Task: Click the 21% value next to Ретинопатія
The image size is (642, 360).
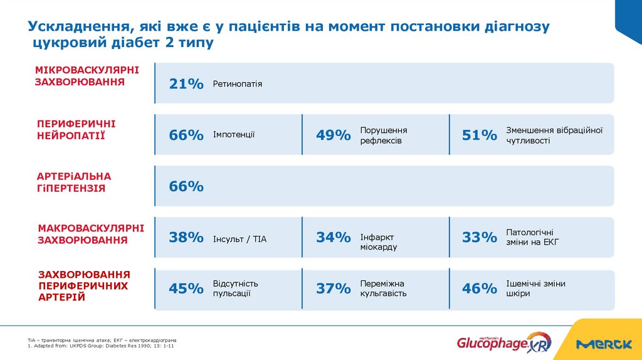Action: point(186,83)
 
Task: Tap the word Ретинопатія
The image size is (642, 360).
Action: point(238,83)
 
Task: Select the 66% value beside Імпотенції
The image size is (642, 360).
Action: point(186,135)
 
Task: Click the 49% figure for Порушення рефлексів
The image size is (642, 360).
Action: point(333,135)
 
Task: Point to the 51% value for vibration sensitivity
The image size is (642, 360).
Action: point(480,135)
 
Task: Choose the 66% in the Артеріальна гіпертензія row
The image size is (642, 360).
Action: point(186,186)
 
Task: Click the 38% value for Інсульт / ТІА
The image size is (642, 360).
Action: point(186,237)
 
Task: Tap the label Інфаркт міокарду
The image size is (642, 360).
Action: point(379,242)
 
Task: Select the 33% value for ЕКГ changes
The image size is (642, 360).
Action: point(480,237)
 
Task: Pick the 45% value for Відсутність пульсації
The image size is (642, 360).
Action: point(186,289)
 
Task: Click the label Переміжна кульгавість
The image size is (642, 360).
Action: point(383,289)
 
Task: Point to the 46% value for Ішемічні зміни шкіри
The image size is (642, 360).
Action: point(480,289)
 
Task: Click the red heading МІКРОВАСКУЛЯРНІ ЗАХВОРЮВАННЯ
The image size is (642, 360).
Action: point(87,76)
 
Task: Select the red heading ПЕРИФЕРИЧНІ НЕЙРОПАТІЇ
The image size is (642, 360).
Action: point(76,129)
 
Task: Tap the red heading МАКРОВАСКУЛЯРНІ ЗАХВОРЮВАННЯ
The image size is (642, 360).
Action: point(91,233)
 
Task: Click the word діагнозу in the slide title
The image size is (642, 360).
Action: point(517,27)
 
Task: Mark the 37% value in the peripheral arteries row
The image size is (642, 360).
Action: point(333,289)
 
